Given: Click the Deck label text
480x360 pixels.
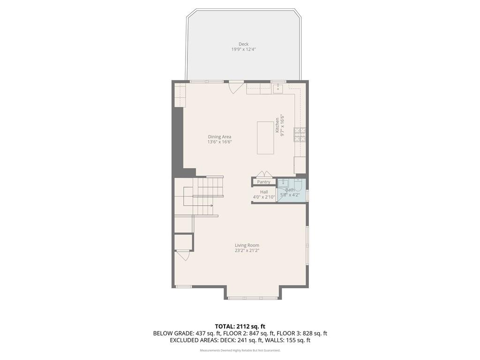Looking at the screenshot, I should coord(243,45).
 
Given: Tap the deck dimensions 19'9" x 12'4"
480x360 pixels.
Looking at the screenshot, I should coord(243,50).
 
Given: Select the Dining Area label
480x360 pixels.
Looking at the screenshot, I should coord(220,137).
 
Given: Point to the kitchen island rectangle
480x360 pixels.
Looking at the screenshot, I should coord(265,138).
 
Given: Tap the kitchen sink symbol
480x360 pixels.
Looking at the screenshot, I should coord(278,89).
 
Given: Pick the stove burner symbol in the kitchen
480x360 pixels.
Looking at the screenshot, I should coord(300,135).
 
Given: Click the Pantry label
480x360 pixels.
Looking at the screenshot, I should coord(263,182).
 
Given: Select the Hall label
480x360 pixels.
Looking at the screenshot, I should coord(264,192).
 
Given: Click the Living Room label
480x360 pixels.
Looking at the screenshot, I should coord(247,245).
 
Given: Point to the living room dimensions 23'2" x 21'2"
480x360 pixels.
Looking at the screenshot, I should coord(247,250).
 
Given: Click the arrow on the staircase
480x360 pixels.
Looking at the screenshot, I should coord(211,205).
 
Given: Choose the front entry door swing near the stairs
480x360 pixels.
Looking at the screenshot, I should coord(183,255).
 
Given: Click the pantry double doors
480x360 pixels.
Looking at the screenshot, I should coord(264,174).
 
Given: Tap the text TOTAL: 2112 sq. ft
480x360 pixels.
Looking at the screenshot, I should coord(240,326).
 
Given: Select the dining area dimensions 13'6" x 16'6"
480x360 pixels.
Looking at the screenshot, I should coord(220,142).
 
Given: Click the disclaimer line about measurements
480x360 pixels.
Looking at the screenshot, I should coord(240,350).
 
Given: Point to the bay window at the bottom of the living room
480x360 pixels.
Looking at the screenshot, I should coord(253,298).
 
